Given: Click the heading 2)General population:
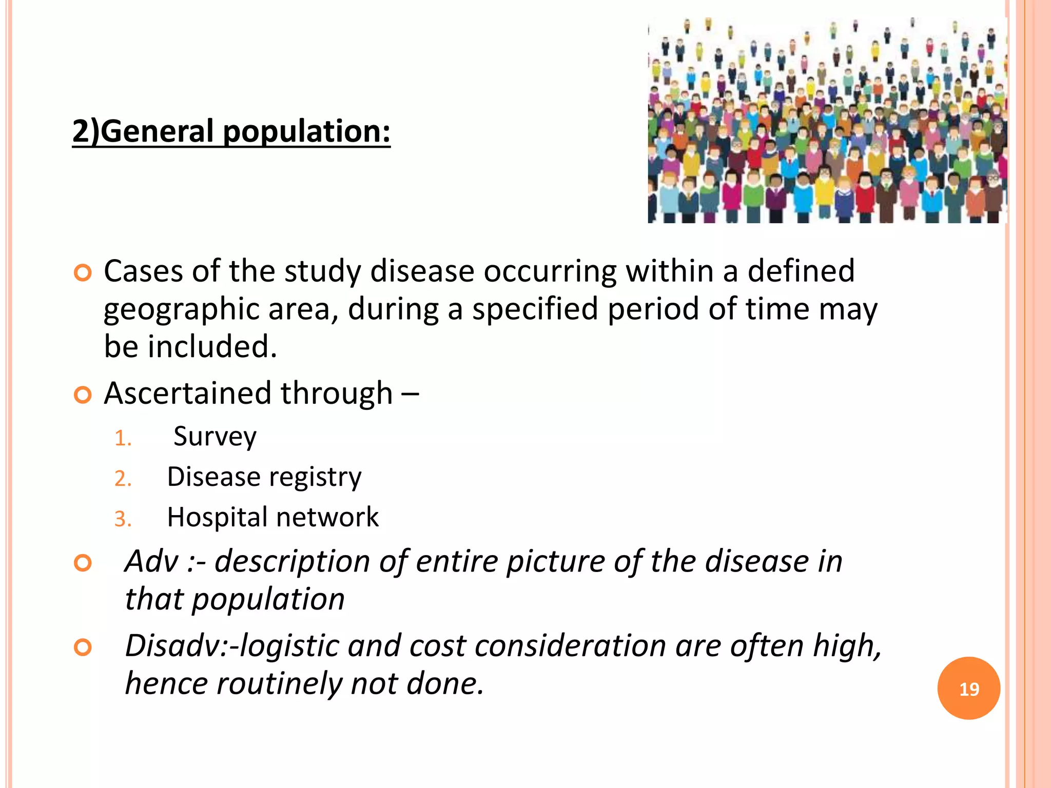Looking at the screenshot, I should [231, 131].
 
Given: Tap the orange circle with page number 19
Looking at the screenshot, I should [968, 688].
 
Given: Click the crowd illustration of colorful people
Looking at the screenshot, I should [827, 121].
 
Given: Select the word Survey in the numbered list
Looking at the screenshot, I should [215, 437].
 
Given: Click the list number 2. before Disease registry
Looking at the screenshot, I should [123, 479].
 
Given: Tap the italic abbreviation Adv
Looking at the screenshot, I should [152, 561].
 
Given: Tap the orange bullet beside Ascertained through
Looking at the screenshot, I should [83, 395].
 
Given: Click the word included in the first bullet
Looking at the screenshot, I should [212, 347].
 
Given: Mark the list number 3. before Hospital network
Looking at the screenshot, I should [123, 519].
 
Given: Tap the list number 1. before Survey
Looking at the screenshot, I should [123, 439].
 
